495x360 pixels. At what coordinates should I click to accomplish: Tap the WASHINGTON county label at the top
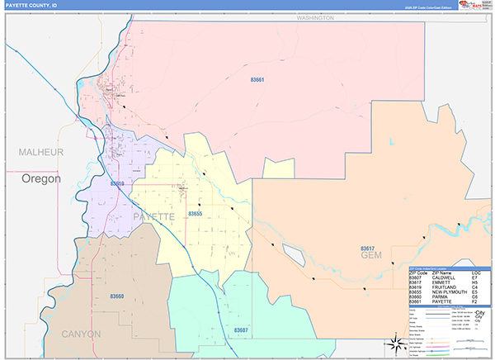[x=314, y=17]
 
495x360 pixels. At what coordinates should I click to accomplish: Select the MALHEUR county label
[x=41, y=153]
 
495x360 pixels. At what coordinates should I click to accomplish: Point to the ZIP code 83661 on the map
[x=258, y=80]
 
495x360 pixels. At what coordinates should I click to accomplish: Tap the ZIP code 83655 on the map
[x=196, y=214]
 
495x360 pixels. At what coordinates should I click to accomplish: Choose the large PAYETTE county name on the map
[x=153, y=216]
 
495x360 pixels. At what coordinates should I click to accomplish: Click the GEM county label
[x=373, y=257]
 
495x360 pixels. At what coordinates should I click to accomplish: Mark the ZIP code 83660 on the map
[x=117, y=296]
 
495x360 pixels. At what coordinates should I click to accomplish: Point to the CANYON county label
[x=81, y=334]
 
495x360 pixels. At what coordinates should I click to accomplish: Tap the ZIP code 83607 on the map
[x=241, y=329]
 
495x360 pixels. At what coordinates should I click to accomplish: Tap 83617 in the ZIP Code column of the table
[x=416, y=282]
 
